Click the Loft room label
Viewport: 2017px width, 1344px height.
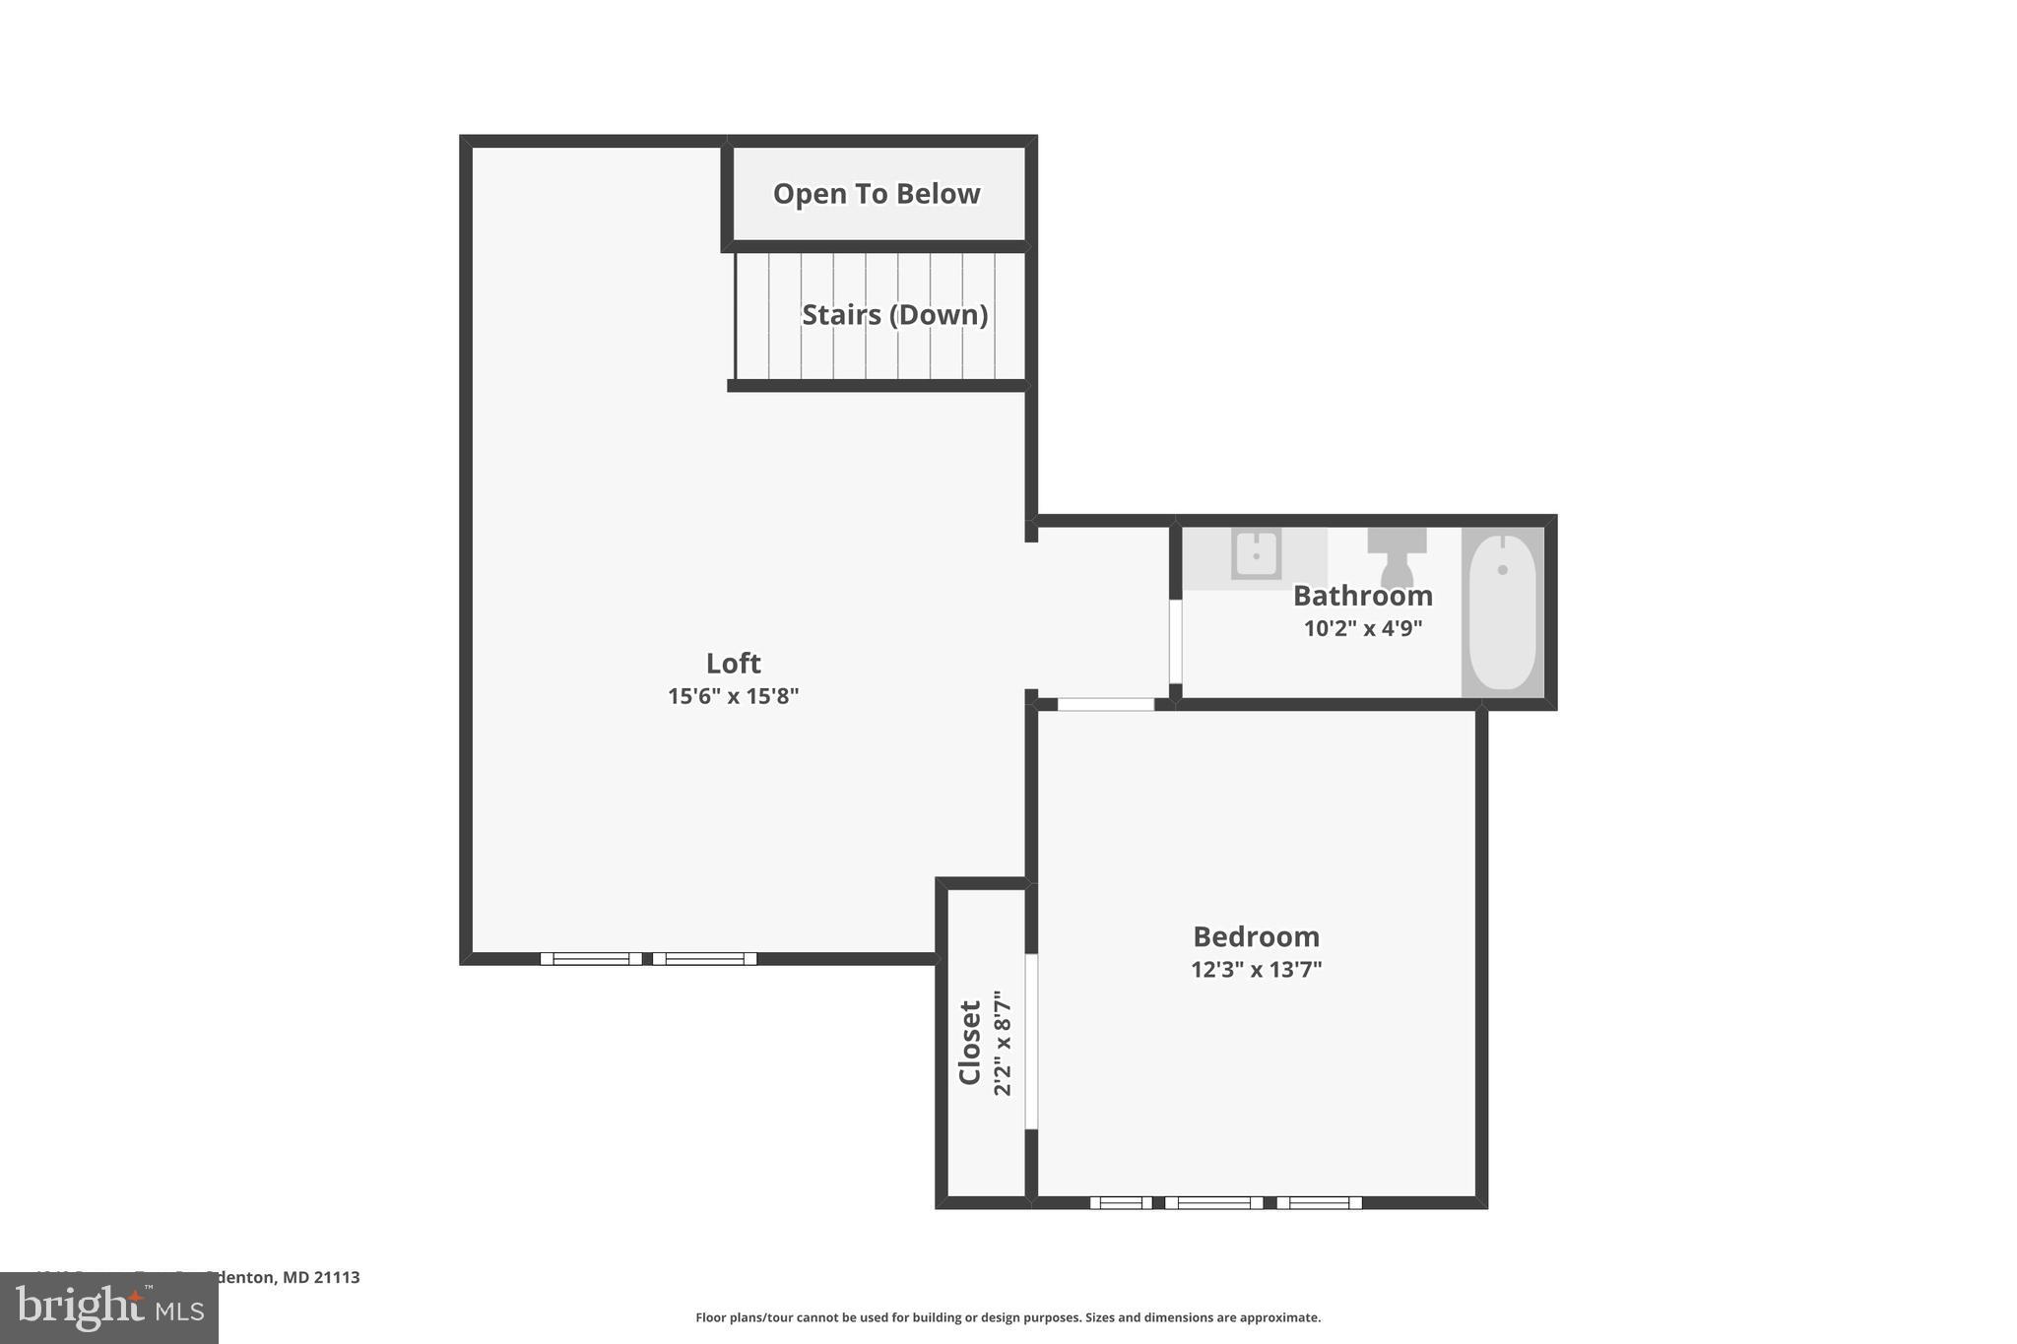733,663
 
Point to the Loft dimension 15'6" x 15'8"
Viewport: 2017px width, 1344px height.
733,696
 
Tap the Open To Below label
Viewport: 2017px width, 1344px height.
876,194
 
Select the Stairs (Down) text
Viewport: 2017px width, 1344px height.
894,315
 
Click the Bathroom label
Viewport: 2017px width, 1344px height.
1362,596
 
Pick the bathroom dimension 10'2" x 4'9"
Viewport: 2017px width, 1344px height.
1362,628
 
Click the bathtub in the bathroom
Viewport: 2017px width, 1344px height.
1502,611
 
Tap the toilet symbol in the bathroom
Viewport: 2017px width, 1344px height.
1397,556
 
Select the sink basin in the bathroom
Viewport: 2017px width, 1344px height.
1256,554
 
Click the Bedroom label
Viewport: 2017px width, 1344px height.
1256,936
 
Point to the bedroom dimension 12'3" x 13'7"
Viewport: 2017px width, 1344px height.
1256,970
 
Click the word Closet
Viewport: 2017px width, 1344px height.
970,1043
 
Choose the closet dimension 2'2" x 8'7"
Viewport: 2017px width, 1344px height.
1003,1043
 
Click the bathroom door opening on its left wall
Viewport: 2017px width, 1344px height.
1175,642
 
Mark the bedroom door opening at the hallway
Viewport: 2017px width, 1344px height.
1105,704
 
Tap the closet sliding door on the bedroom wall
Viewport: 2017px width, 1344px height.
1031,1041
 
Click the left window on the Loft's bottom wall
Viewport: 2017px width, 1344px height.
591,959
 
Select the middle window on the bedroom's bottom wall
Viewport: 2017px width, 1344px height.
1213,1202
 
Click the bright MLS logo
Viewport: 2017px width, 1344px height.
109,1309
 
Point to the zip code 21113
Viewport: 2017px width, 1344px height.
337,1277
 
